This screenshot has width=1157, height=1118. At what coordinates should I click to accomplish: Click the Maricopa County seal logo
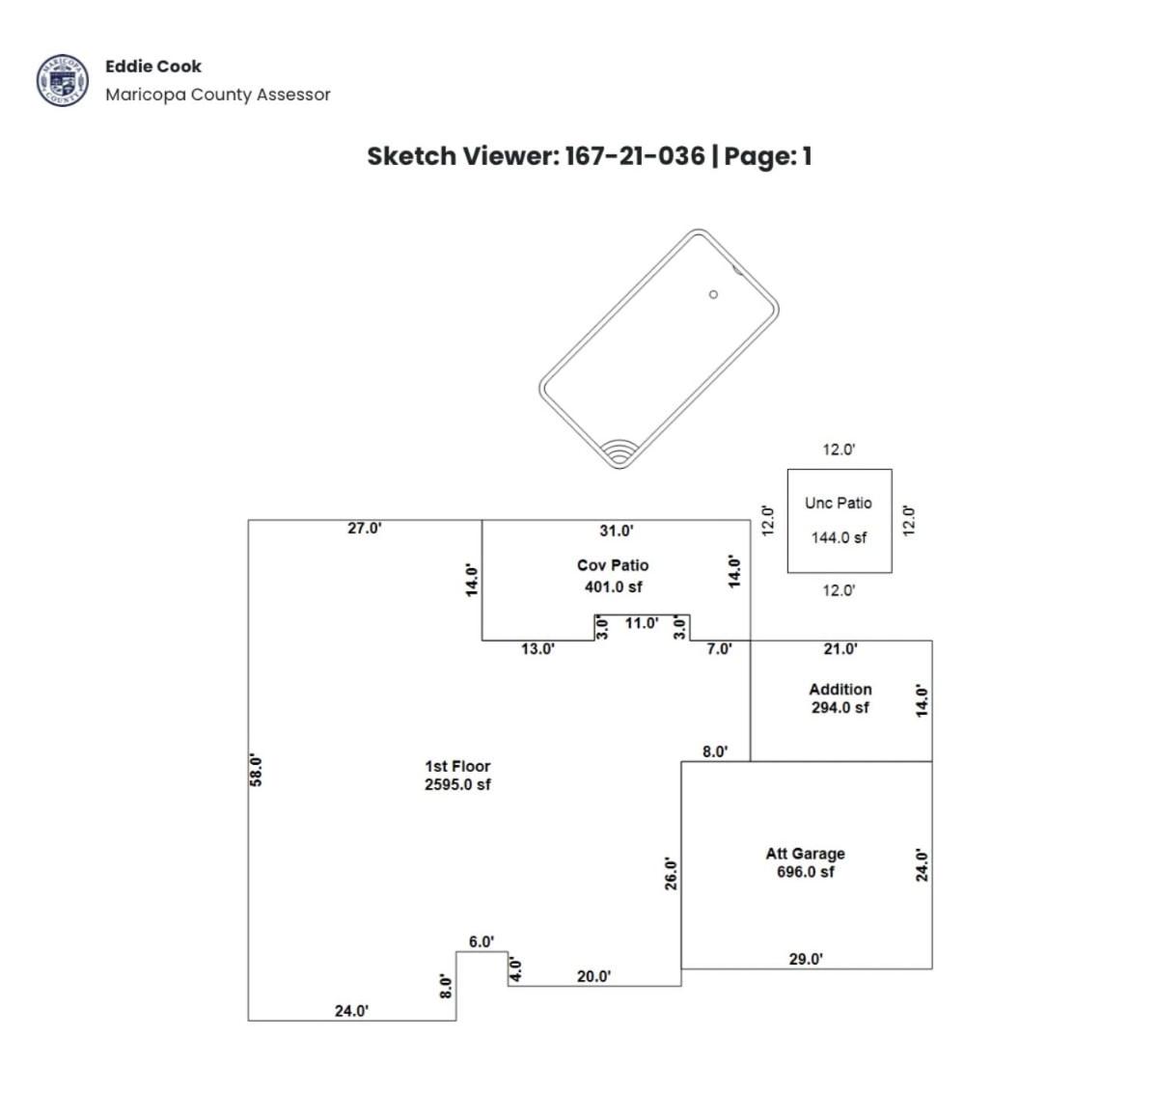pyautogui.click(x=63, y=80)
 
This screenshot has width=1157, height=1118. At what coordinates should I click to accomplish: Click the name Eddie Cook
pyautogui.click(x=153, y=67)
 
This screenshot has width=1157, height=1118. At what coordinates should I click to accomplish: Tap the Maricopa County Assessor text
pyautogui.click(x=218, y=95)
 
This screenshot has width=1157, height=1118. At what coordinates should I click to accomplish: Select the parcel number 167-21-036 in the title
pyautogui.click(x=635, y=156)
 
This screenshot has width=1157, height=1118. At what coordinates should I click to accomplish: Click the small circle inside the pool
pyautogui.click(x=713, y=294)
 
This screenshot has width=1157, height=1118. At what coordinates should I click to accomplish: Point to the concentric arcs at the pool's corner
pyautogui.click(x=620, y=452)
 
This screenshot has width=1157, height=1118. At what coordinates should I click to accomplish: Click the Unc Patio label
pyautogui.click(x=839, y=503)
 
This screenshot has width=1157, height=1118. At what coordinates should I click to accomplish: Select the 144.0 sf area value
pyautogui.click(x=839, y=537)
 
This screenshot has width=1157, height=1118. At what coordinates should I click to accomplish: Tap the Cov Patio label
pyautogui.click(x=613, y=565)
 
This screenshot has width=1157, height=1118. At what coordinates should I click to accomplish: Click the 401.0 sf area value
pyautogui.click(x=613, y=587)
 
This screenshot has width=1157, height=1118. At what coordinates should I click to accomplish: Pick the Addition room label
pyautogui.click(x=840, y=689)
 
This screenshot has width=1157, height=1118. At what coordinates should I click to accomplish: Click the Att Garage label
pyautogui.click(x=805, y=854)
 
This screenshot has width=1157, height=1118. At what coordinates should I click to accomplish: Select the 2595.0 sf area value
pyautogui.click(x=457, y=784)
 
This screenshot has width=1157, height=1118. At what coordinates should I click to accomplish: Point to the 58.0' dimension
pyautogui.click(x=256, y=771)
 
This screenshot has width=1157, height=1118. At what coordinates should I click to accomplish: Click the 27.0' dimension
pyautogui.click(x=365, y=528)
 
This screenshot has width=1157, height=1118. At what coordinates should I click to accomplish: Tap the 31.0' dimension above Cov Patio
pyautogui.click(x=616, y=531)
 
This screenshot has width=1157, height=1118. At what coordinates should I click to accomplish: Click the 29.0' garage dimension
pyautogui.click(x=806, y=959)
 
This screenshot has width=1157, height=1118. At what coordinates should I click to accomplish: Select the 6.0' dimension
pyautogui.click(x=482, y=941)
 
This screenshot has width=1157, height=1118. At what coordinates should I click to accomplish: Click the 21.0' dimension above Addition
pyautogui.click(x=840, y=649)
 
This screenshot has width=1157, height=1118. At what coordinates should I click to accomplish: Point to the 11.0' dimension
pyautogui.click(x=642, y=623)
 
